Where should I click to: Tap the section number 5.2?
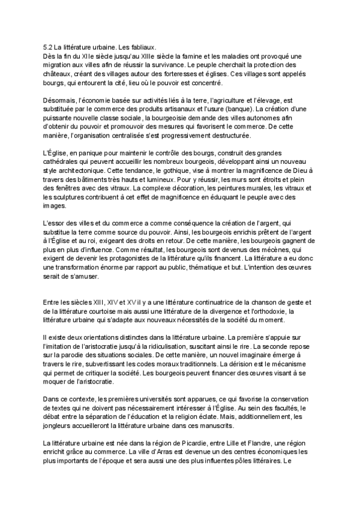coord(49,46)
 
